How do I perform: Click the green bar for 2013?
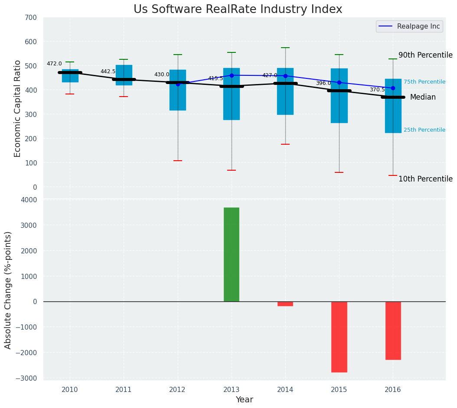[231, 255]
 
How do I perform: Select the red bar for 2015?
[339, 337]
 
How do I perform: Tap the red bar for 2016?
[393, 330]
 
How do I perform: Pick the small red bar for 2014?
[285, 304]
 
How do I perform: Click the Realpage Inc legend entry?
[409, 26]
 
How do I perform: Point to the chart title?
[238, 10]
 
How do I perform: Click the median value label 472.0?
[54, 64]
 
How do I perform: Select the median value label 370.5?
[377, 90]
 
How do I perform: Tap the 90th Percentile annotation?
[425, 55]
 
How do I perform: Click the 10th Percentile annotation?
[425, 179]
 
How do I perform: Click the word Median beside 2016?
[423, 97]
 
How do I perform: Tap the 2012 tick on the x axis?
[177, 390]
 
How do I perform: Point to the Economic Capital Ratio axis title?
[18, 108]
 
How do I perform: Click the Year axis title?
[244, 400]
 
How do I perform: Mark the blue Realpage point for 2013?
[232, 75]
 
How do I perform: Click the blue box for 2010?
[70, 76]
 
